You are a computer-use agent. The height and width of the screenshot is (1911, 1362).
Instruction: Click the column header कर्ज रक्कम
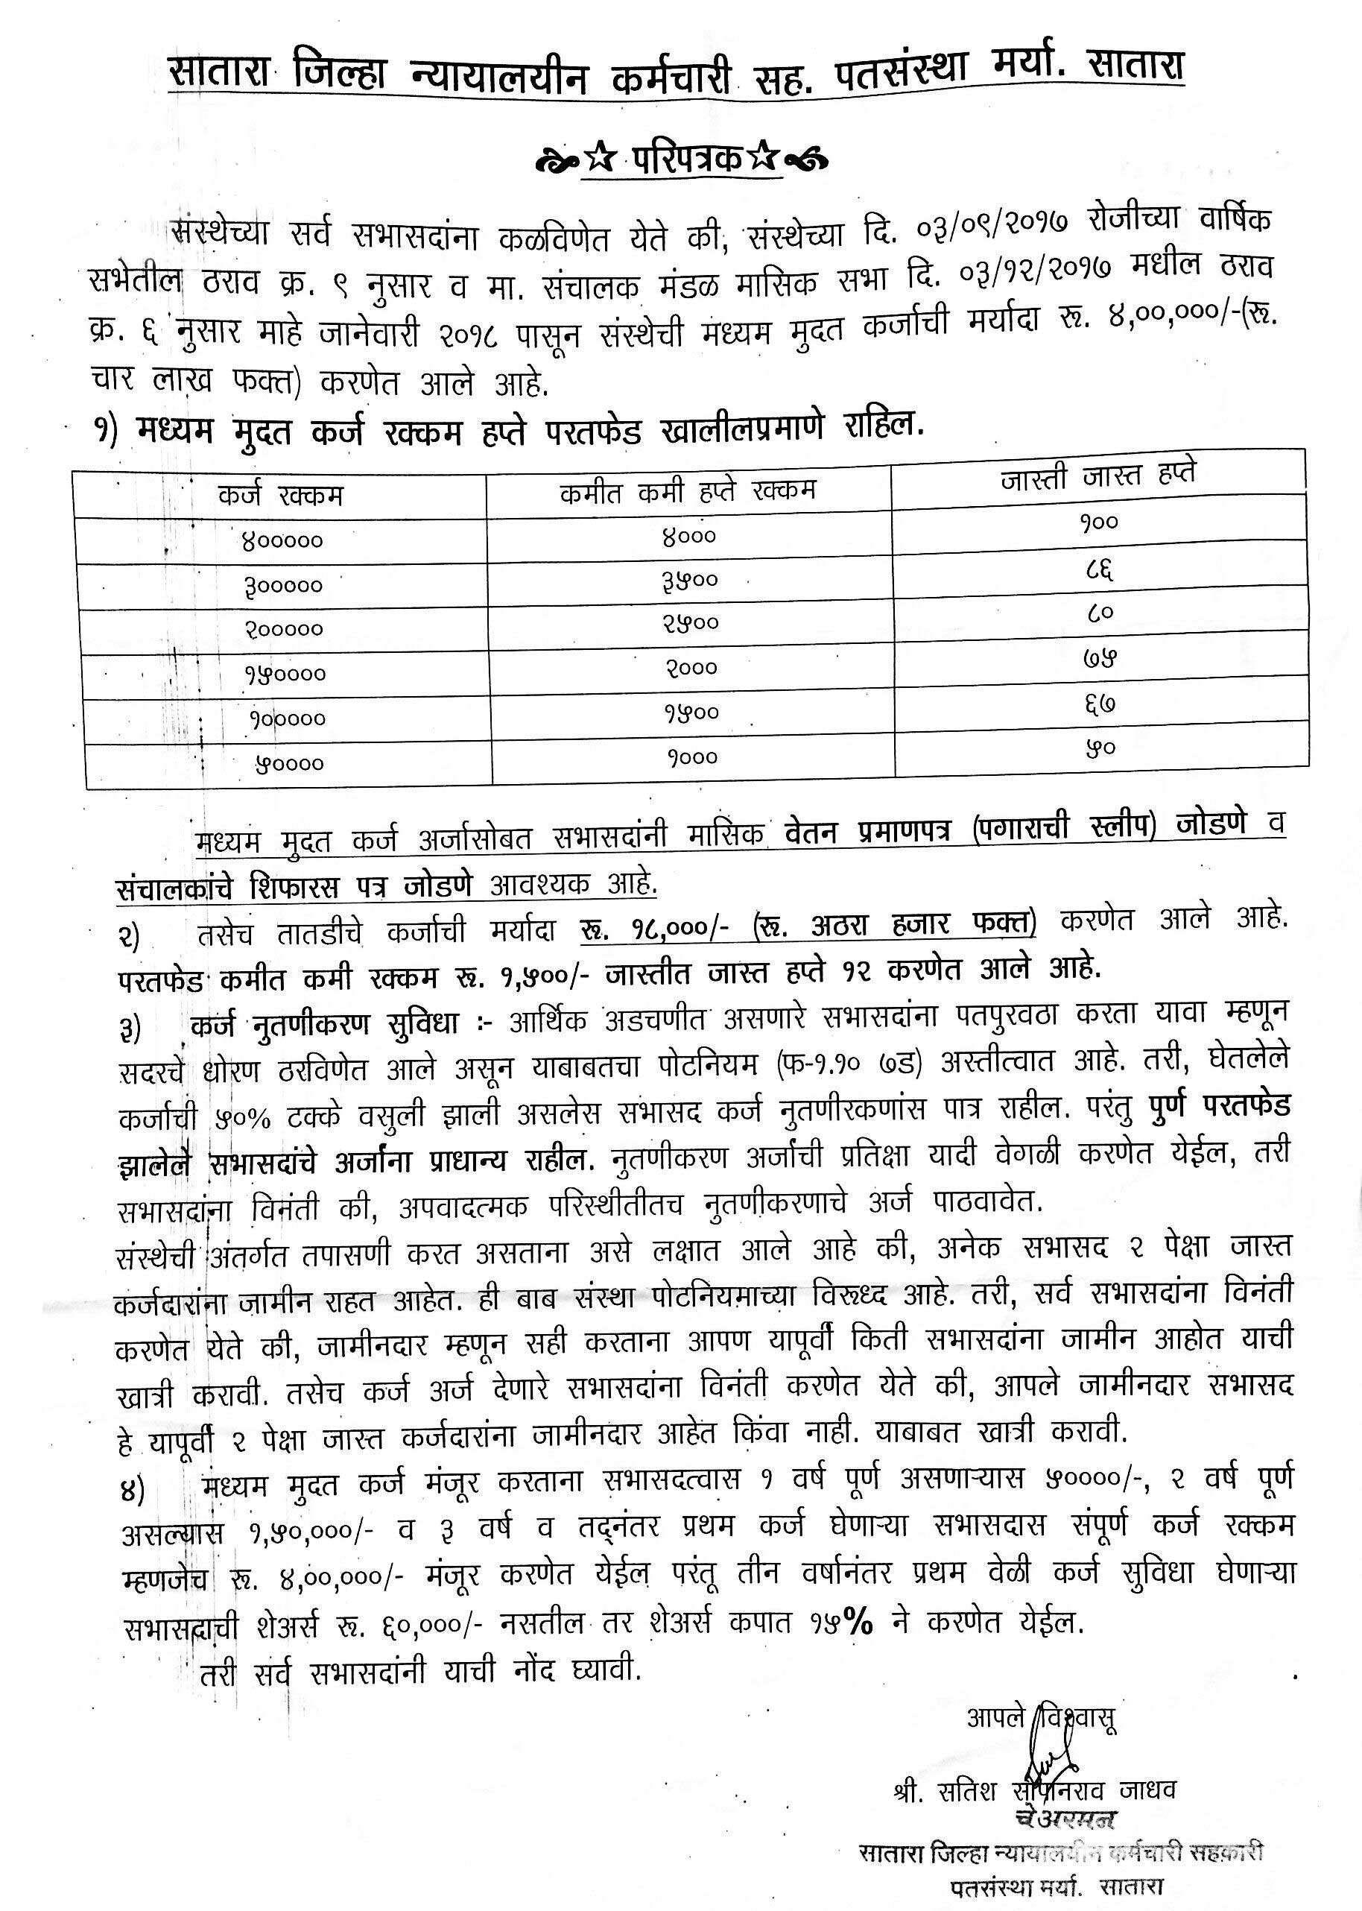pos(280,496)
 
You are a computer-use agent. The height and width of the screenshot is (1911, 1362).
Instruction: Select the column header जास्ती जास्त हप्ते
pos(1099,476)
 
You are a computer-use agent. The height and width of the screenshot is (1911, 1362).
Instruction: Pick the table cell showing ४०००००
pos(282,541)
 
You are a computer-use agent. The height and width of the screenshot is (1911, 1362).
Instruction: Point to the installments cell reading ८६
pos(1099,569)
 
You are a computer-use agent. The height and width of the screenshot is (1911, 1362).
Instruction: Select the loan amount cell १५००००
pos(285,674)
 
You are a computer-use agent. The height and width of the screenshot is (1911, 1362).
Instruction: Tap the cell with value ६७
pos(1099,704)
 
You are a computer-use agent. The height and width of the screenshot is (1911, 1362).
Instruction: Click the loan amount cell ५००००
pos(288,763)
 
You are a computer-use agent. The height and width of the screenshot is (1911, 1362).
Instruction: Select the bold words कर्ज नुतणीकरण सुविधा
pos(323,1024)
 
